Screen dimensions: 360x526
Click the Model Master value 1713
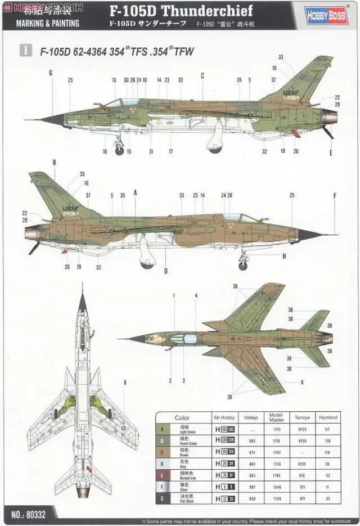[x=276, y=429]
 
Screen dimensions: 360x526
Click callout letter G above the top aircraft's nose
[x=51, y=73]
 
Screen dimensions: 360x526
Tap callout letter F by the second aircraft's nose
[x=335, y=196]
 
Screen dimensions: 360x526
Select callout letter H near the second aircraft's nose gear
[x=284, y=257]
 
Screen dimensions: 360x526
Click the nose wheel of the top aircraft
[x=120, y=150]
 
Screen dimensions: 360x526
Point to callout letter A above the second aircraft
[x=136, y=192]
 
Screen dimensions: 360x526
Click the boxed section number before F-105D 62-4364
[x=25, y=50]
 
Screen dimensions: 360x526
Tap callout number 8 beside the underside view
[x=125, y=383]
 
